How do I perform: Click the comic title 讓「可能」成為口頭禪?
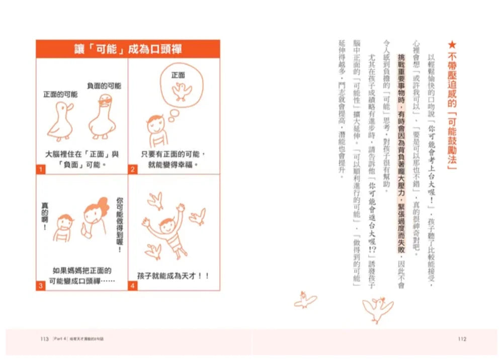pos(128,49)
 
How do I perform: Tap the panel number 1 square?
pos(39,170)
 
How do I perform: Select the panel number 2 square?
pos(132,170)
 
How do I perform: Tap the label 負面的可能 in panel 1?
pos(104,86)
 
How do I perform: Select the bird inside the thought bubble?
pos(182,91)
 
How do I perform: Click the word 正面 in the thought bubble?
pos(178,75)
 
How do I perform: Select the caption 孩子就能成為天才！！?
pos(174,276)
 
